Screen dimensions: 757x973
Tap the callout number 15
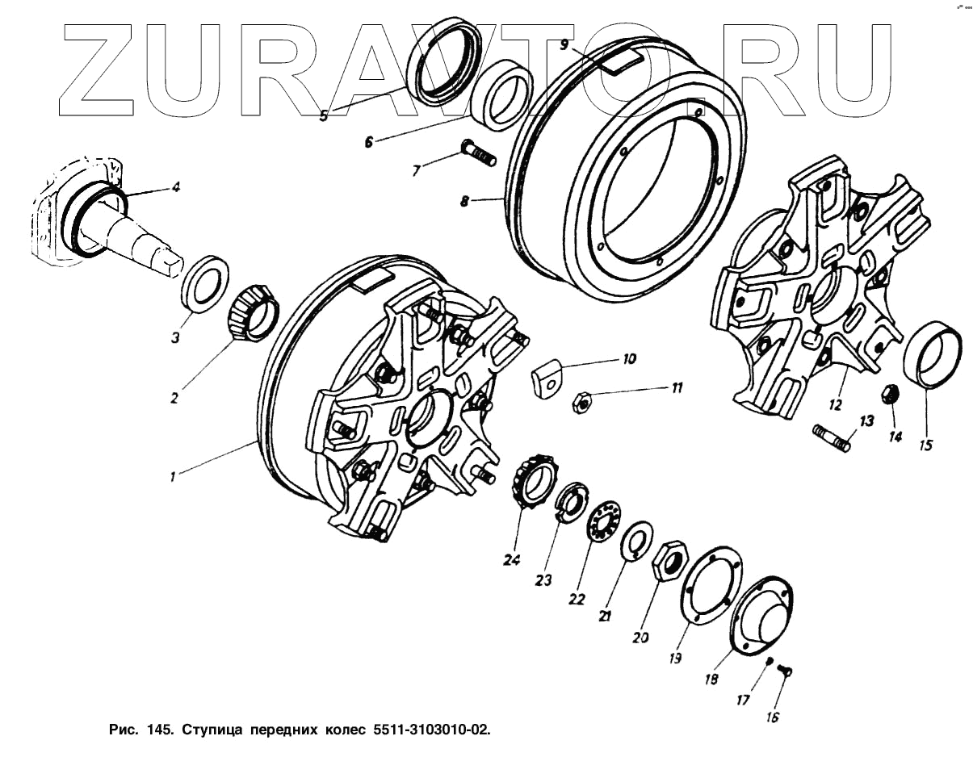click(x=926, y=444)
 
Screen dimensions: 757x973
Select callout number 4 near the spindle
click(x=176, y=187)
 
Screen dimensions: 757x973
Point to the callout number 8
click(x=465, y=201)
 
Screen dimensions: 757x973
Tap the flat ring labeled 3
click(x=202, y=282)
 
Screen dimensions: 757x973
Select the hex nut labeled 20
click(x=669, y=558)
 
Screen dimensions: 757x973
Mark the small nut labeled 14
click(x=890, y=395)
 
